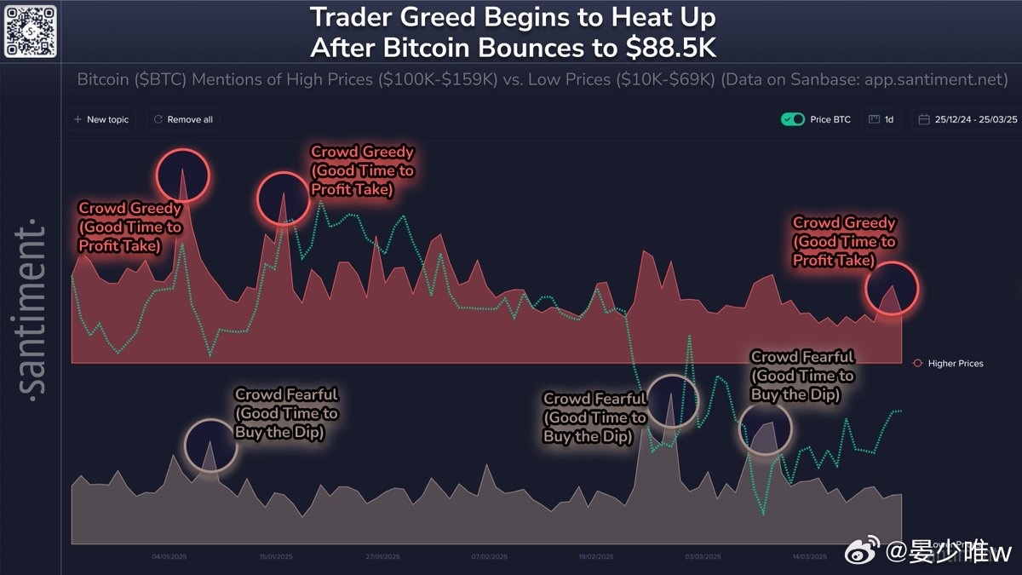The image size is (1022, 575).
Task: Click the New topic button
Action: (101, 119)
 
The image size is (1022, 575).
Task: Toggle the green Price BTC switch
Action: (793, 119)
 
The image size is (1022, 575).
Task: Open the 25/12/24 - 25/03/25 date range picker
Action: (967, 119)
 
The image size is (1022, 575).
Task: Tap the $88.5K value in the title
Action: (667, 48)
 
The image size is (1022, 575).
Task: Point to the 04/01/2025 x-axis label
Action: (169, 557)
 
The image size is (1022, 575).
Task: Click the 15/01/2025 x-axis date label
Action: (276, 557)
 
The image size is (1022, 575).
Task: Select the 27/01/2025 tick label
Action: (382, 557)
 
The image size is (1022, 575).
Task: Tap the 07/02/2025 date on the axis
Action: (490, 557)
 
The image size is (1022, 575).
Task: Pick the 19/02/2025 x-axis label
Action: (596, 557)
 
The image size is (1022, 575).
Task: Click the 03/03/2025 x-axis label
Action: (703, 557)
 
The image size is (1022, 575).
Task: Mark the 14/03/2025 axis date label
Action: (809, 557)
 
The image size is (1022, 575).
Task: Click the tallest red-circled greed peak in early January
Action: (183, 175)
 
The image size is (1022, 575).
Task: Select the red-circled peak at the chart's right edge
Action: (892, 290)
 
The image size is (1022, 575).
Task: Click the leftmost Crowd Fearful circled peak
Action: (210, 445)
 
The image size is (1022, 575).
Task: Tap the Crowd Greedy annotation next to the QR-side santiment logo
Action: (129, 227)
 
